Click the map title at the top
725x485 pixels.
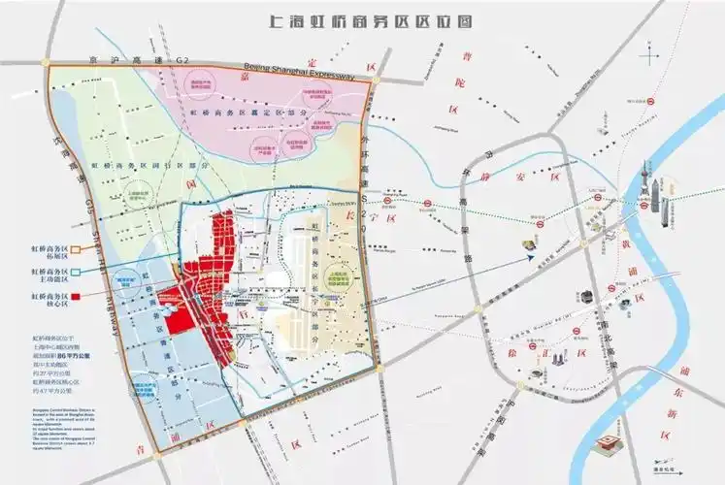coord(363,19)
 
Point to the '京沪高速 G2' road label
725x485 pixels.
coord(155,62)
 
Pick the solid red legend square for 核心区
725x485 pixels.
coord(77,295)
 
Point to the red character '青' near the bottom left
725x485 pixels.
coord(143,448)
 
